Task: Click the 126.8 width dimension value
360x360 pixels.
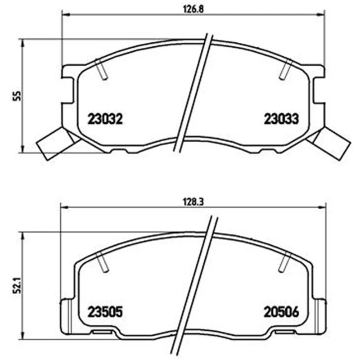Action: tap(193, 9)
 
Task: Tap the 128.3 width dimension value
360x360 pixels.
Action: tap(193, 202)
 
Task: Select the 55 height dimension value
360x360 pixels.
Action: tap(17, 96)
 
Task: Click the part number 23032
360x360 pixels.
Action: tap(105, 119)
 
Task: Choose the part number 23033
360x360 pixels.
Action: tap(281, 119)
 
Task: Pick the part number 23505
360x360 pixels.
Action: tap(105, 312)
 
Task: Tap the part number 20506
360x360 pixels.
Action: tap(281, 312)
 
